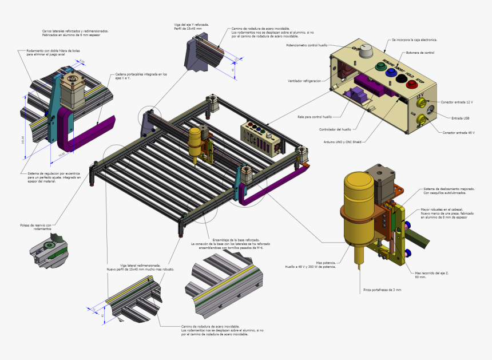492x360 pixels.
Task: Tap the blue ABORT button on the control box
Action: tap(392, 73)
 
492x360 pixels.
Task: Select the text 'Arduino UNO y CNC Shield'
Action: tap(342, 141)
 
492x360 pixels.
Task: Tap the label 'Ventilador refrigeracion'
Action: tap(304, 81)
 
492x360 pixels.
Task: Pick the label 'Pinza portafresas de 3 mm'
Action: tap(382, 290)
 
